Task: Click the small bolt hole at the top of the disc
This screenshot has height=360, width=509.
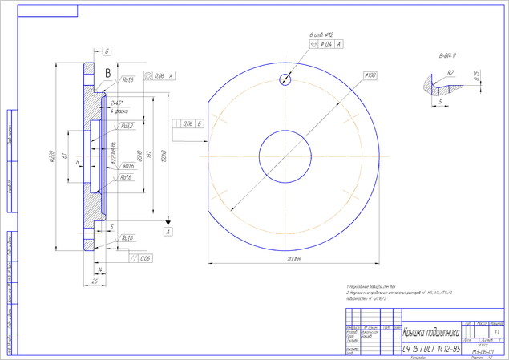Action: tap(285, 79)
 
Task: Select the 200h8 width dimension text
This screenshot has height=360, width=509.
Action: tap(293, 261)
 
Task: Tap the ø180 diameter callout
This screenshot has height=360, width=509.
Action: tap(370, 75)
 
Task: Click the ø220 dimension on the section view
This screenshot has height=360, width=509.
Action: tap(52, 154)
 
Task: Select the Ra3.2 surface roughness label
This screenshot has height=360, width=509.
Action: tap(126, 126)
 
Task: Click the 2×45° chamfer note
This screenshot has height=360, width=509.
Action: tap(117, 103)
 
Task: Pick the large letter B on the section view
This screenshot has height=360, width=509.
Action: tap(107, 73)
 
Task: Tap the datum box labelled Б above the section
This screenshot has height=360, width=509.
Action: tap(107, 51)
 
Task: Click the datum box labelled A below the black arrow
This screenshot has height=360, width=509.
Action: tap(168, 231)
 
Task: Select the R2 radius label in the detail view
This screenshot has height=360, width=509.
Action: tap(450, 72)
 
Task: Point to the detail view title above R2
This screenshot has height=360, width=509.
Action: tap(446, 55)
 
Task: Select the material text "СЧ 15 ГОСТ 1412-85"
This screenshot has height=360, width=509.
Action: tap(431, 350)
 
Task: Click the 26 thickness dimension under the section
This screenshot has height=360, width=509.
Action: tap(95, 281)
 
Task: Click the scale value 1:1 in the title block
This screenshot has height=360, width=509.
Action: tap(497, 330)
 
